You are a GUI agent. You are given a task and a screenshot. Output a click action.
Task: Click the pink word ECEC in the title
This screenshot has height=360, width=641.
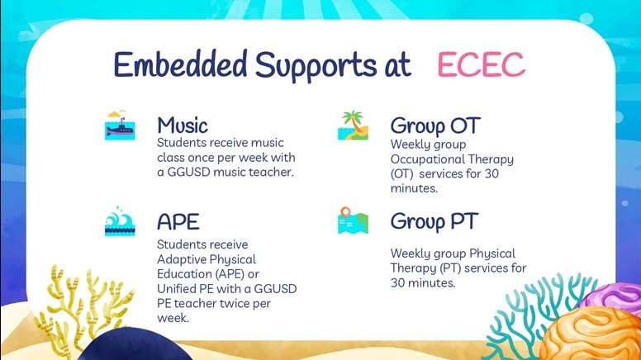click(x=481, y=64)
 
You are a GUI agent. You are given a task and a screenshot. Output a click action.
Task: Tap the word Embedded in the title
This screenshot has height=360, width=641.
click(x=180, y=64)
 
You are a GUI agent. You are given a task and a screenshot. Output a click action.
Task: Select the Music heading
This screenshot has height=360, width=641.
click(x=183, y=125)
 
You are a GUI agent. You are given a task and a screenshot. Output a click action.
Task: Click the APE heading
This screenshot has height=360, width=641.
click(x=178, y=222)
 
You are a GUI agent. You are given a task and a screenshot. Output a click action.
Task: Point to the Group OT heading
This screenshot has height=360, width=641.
click(x=435, y=126)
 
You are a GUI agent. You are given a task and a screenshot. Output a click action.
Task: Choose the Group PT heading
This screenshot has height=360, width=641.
click(x=434, y=222)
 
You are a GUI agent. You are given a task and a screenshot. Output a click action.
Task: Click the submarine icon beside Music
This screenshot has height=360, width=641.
click(x=120, y=125)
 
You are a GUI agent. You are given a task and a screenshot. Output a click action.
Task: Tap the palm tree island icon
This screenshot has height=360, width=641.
click(x=354, y=125)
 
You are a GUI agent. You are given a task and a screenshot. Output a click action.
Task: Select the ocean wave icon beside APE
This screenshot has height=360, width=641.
click(x=120, y=221)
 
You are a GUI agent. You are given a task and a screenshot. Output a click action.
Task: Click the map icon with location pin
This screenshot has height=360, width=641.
click(x=354, y=220)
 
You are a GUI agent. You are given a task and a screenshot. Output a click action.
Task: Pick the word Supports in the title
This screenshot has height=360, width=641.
click(x=316, y=65)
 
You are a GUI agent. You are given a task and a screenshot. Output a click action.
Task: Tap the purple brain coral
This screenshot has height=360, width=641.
click(x=612, y=297)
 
